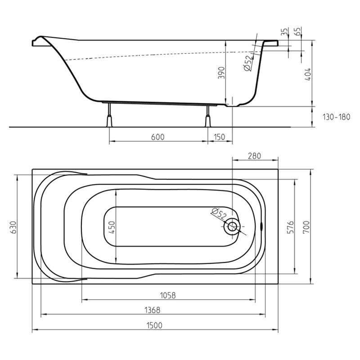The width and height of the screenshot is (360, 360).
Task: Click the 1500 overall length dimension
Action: point(154,325)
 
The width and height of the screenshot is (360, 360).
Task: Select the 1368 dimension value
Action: point(152,310)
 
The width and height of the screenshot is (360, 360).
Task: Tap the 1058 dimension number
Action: point(167,295)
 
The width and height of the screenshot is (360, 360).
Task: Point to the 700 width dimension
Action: point(306,227)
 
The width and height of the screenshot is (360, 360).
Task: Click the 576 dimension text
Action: point(291,227)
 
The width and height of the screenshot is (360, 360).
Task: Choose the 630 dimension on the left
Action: point(13,227)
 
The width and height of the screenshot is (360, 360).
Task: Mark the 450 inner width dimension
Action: point(112,227)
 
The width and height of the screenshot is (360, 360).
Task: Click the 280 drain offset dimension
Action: point(254,156)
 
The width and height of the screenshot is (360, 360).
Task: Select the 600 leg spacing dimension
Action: point(158,137)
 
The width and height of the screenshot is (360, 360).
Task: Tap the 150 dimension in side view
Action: point(219,137)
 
